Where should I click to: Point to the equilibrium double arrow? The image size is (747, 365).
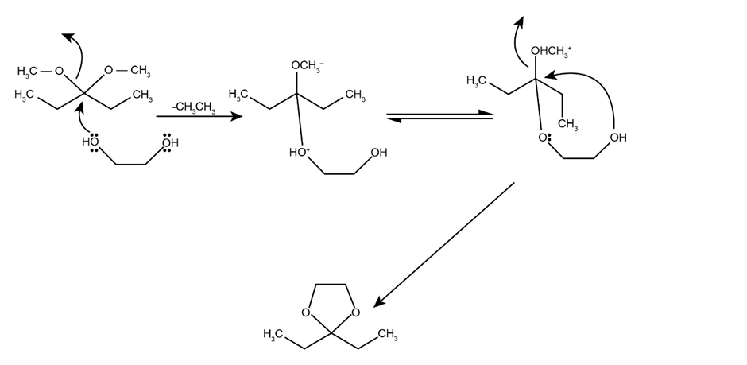pyautogui.click(x=439, y=118)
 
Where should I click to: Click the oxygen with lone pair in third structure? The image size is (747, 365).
pyautogui.click(x=544, y=137)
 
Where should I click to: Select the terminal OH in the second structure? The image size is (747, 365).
pyautogui.click(x=378, y=153)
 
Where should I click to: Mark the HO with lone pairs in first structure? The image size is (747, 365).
pyautogui.click(x=91, y=143)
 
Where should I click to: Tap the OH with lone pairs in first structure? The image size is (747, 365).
pyautogui.click(x=169, y=143)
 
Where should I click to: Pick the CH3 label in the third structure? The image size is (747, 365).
pyautogui.click(x=567, y=125)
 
